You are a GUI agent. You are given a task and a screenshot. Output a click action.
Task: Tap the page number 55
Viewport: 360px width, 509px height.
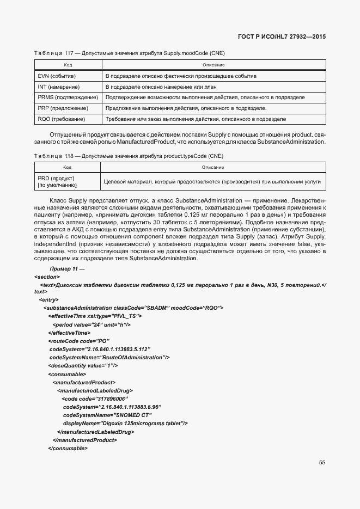click(322, 463)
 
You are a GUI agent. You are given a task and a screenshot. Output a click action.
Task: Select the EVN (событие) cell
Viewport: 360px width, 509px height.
click(57, 76)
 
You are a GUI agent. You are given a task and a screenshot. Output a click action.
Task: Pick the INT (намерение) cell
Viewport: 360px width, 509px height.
click(59, 87)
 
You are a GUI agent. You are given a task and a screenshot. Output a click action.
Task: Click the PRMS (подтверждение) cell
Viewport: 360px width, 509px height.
click(68, 97)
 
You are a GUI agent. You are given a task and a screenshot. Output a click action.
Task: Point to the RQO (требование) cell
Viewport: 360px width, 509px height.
click(61, 119)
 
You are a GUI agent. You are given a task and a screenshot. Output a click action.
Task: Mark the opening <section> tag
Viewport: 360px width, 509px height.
click(47, 277)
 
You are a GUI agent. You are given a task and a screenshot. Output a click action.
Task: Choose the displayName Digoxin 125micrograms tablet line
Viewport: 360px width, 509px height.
click(125, 423)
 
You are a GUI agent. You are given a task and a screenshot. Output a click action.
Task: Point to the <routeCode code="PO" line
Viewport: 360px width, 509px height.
click(79, 341)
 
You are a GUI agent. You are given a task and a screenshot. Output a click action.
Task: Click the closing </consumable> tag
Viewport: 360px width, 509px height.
click(68, 448)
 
